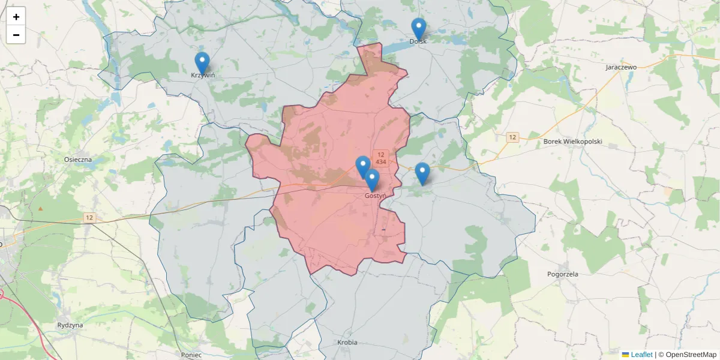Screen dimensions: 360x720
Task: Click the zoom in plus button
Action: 16,17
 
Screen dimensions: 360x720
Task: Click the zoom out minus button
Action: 16,35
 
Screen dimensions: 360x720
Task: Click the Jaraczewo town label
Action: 621,67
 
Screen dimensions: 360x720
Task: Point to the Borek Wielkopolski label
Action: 572,142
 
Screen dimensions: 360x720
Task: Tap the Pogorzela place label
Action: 563,274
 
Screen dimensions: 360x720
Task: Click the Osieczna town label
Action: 78,160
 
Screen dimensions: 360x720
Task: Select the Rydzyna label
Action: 70,325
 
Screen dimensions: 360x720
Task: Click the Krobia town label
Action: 347,343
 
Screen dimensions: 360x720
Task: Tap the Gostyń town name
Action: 375,196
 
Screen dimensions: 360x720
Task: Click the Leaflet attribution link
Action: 641,355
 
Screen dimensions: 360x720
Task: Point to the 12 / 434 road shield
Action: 380,158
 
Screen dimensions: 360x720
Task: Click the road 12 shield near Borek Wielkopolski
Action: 512,137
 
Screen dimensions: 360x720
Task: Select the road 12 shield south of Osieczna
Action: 89,218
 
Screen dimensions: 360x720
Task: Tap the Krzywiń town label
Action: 203,76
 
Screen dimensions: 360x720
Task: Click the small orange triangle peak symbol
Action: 41,208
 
